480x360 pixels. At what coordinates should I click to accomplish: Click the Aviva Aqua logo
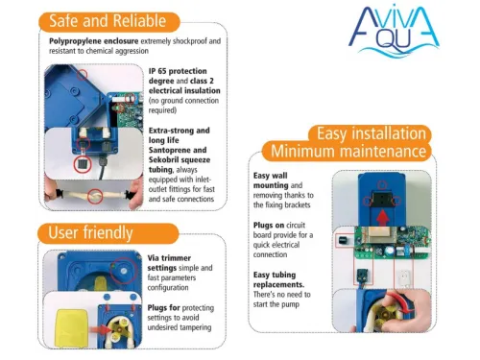[x=394, y=31]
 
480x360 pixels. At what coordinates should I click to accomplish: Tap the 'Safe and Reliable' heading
[x=108, y=21]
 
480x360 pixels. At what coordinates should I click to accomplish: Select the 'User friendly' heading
[x=90, y=232]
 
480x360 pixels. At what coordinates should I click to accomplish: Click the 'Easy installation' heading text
[x=372, y=133]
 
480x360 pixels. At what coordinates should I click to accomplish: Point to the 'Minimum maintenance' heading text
[x=348, y=151]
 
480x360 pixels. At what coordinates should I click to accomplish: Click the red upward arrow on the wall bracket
[x=383, y=218]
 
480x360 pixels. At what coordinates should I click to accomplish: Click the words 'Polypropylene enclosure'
[x=94, y=41]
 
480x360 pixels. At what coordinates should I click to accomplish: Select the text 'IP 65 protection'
[x=178, y=71]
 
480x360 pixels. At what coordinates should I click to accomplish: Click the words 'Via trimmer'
[x=169, y=258]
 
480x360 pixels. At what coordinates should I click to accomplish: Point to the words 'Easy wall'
[x=271, y=176]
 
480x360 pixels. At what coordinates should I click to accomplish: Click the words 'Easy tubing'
[x=275, y=275]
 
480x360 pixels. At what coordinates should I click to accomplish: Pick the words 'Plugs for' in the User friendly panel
[x=163, y=307]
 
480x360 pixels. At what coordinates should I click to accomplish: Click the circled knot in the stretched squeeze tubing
[x=95, y=196]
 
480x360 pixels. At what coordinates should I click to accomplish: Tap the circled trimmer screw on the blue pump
[x=124, y=271]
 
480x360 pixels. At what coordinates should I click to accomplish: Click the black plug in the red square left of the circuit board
[x=344, y=240]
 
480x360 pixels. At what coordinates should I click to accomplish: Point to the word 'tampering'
[x=196, y=327]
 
